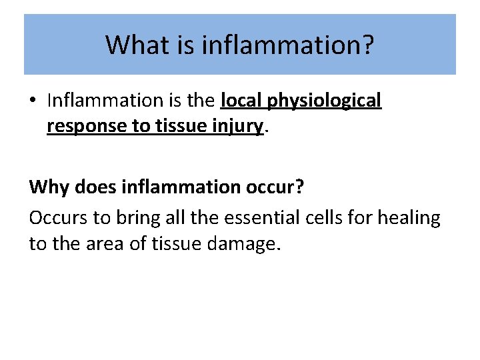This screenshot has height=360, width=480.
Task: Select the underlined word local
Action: point(240,101)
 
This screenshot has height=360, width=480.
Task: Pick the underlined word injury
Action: point(239,126)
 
